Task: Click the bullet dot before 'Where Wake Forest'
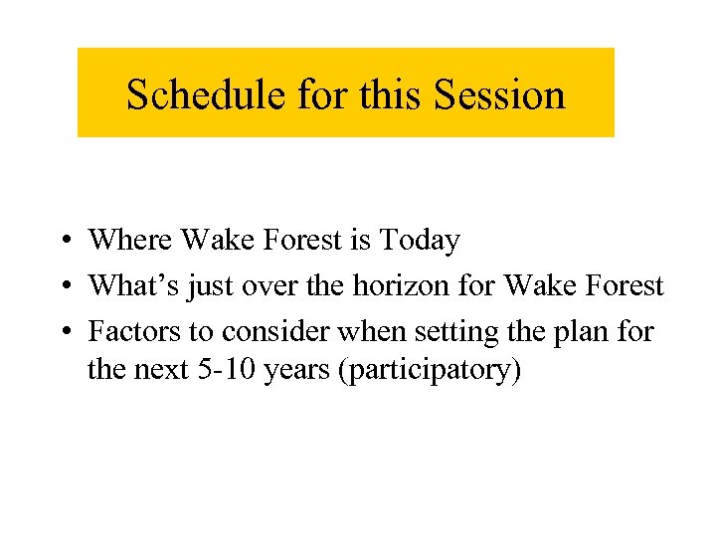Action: pos(63,241)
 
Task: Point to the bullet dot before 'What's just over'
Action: pos(63,286)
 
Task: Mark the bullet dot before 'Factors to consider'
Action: pos(63,331)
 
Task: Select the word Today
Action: pos(421,241)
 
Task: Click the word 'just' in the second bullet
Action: pos(208,286)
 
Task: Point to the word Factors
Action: pos(129,330)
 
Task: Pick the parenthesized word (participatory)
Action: pos(431,371)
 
